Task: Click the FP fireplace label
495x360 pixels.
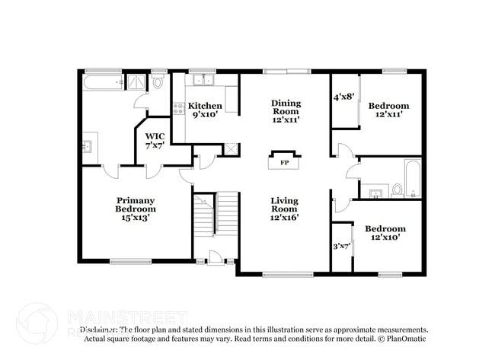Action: coord(284,163)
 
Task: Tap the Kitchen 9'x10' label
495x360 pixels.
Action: coord(205,110)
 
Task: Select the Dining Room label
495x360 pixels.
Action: coord(286,111)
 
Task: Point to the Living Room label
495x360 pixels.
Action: coord(285,209)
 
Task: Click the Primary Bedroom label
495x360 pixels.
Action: coord(136,209)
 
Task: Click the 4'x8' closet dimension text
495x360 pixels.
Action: coord(343,97)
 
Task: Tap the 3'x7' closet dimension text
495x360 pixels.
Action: coord(342,246)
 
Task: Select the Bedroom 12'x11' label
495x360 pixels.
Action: coord(388,110)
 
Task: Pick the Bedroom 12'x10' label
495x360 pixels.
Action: coord(385,233)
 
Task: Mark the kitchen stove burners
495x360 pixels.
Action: coord(178,109)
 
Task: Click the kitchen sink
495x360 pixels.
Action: coord(203,80)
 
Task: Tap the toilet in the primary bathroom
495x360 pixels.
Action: coord(158,82)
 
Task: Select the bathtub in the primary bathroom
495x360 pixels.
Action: coord(102,81)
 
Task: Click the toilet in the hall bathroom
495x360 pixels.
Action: coord(397,190)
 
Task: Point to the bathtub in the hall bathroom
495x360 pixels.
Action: coord(412,178)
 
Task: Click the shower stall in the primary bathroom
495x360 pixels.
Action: coord(136,81)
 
